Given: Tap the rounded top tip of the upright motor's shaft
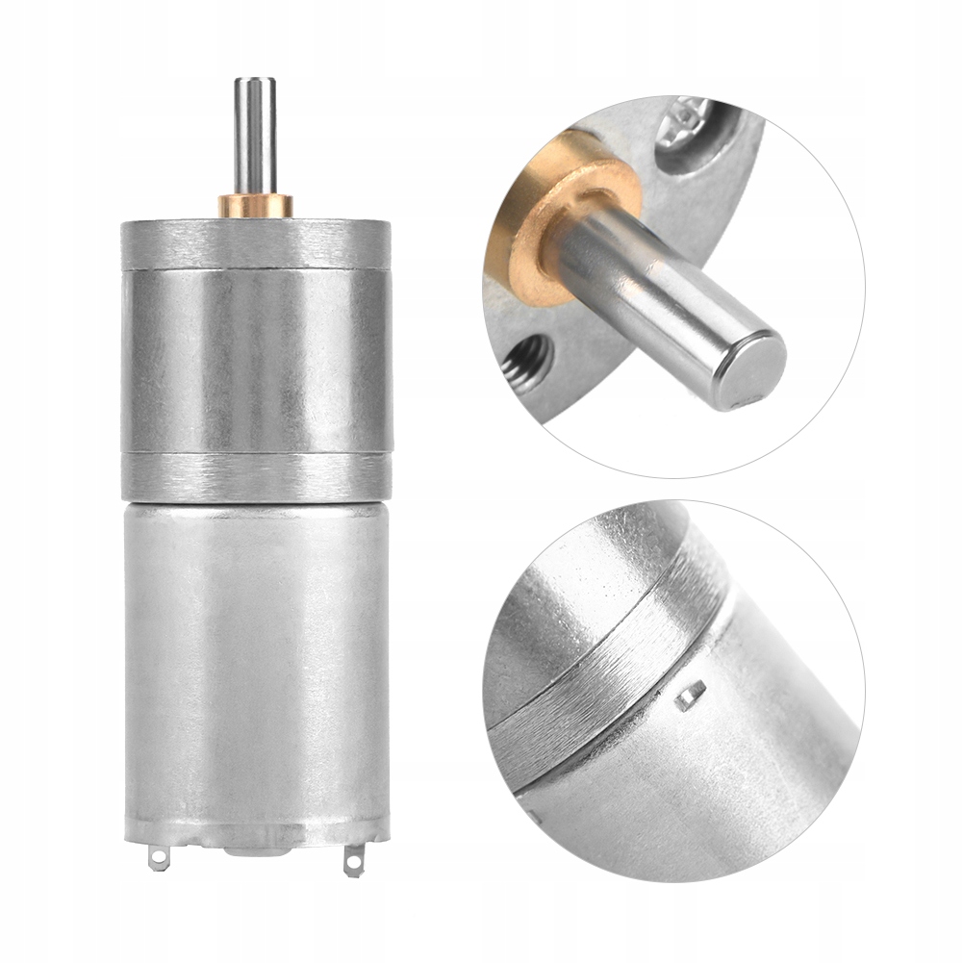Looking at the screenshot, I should [254, 81].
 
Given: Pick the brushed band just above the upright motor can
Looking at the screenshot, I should [254, 475].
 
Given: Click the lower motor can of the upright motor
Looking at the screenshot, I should [256, 654].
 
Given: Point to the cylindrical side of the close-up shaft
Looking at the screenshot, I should [654, 289].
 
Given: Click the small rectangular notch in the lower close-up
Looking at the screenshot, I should [690, 695].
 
